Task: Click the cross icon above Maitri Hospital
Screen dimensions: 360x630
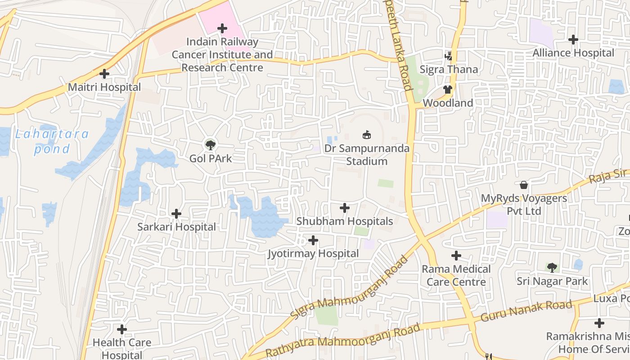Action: [x=104, y=73]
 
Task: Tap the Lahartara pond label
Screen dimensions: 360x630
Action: [x=52, y=141]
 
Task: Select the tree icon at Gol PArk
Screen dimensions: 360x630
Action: [x=210, y=145]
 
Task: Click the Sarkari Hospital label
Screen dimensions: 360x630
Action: [x=176, y=227]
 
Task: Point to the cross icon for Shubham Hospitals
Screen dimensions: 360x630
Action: [x=345, y=208]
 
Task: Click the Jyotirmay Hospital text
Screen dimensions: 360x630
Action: [x=313, y=254]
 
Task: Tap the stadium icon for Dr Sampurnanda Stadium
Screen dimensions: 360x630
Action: [x=367, y=135]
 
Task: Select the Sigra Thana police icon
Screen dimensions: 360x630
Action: [x=448, y=56]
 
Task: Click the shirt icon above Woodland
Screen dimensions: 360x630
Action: [x=447, y=90]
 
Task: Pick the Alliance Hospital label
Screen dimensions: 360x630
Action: [x=573, y=53]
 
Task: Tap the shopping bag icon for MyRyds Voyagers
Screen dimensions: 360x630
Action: [x=524, y=185]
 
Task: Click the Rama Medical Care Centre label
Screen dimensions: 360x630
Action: [x=456, y=275]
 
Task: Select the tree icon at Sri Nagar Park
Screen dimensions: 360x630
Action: [x=552, y=268]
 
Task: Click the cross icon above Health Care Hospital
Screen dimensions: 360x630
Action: [x=121, y=329]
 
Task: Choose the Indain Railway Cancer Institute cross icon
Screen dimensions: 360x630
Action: [x=222, y=28]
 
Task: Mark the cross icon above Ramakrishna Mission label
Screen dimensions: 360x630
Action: [x=599, y=323]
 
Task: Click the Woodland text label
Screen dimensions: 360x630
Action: [x=447, y=103]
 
